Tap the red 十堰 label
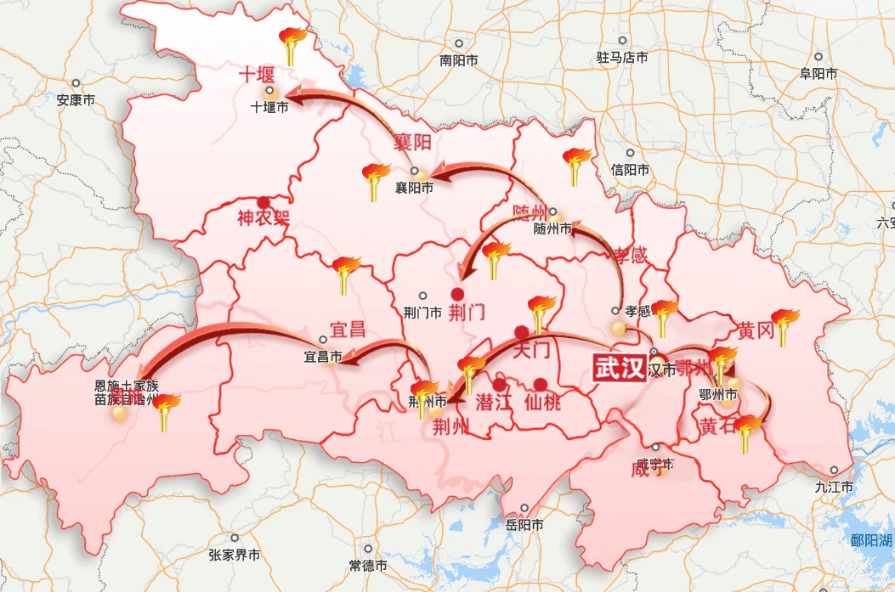click(256, 75)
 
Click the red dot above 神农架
click(263, 202)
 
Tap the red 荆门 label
click(467, 312)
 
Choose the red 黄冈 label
click(756, 330)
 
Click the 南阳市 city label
click(460, 60)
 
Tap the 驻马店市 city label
click(622, 58)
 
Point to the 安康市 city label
click(76, 99)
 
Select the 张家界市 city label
click(235, 555)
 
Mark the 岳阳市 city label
click(524, 525)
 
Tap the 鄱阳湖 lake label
click(871, 540)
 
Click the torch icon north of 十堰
click(293, 46)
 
